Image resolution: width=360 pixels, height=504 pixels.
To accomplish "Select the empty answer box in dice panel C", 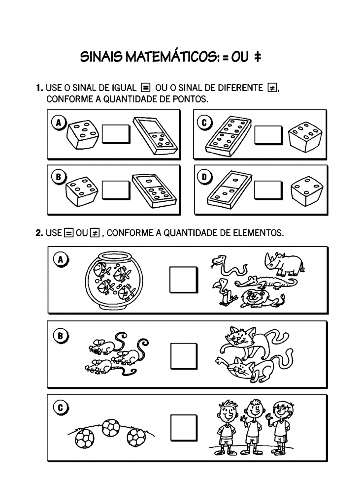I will [268, 135].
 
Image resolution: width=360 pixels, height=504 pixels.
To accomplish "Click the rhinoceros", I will [283, 263].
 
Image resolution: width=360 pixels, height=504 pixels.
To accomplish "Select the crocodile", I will [266, 283].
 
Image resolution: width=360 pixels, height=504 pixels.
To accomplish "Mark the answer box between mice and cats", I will [184, 355].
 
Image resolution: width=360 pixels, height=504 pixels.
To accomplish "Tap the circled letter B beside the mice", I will [61, 336].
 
